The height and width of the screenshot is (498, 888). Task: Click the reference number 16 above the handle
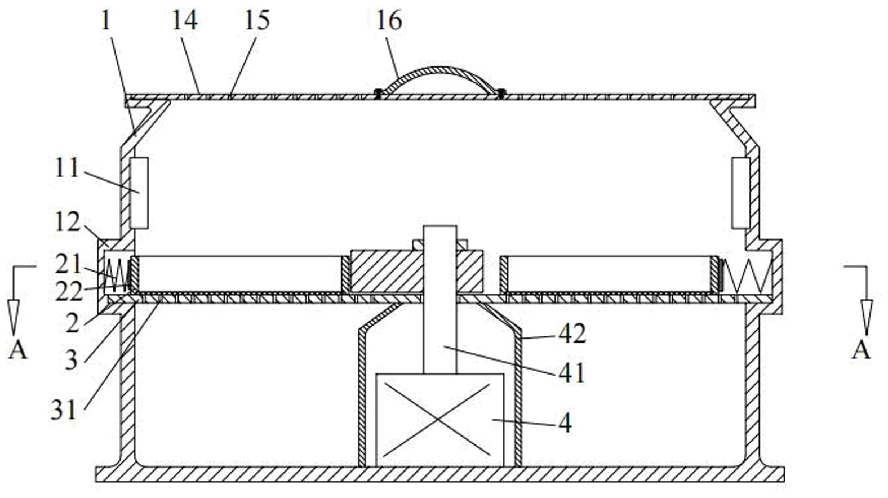(389, 21)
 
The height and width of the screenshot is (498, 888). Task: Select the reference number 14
(185, 21)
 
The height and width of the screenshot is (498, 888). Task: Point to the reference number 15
(257, 21)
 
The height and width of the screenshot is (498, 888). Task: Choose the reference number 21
(68, 264)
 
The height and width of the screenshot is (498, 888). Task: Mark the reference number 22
(69, 292)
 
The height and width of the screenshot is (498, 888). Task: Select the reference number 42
(572, 334)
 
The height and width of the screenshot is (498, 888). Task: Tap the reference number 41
(572, 373)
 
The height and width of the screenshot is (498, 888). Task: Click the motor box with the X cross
(439, 420)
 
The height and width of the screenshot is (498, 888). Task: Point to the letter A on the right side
(861, 350)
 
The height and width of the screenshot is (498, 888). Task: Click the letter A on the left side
(18, 350)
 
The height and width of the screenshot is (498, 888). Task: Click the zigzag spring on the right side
(748, 277)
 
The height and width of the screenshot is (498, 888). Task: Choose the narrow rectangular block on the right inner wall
(740, 193)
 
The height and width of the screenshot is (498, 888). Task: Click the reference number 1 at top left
(105, 21)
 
